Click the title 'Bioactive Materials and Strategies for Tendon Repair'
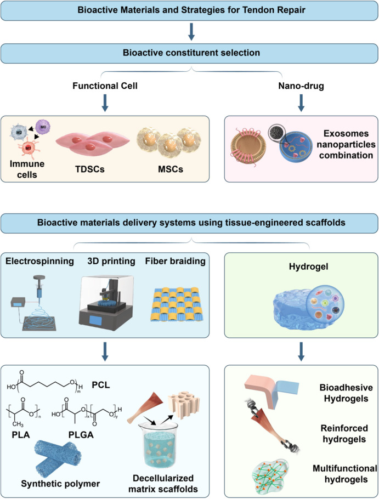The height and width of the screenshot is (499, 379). (190, 11)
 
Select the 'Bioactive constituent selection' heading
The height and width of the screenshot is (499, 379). (190, 55)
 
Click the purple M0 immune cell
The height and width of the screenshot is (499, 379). (43, 127)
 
